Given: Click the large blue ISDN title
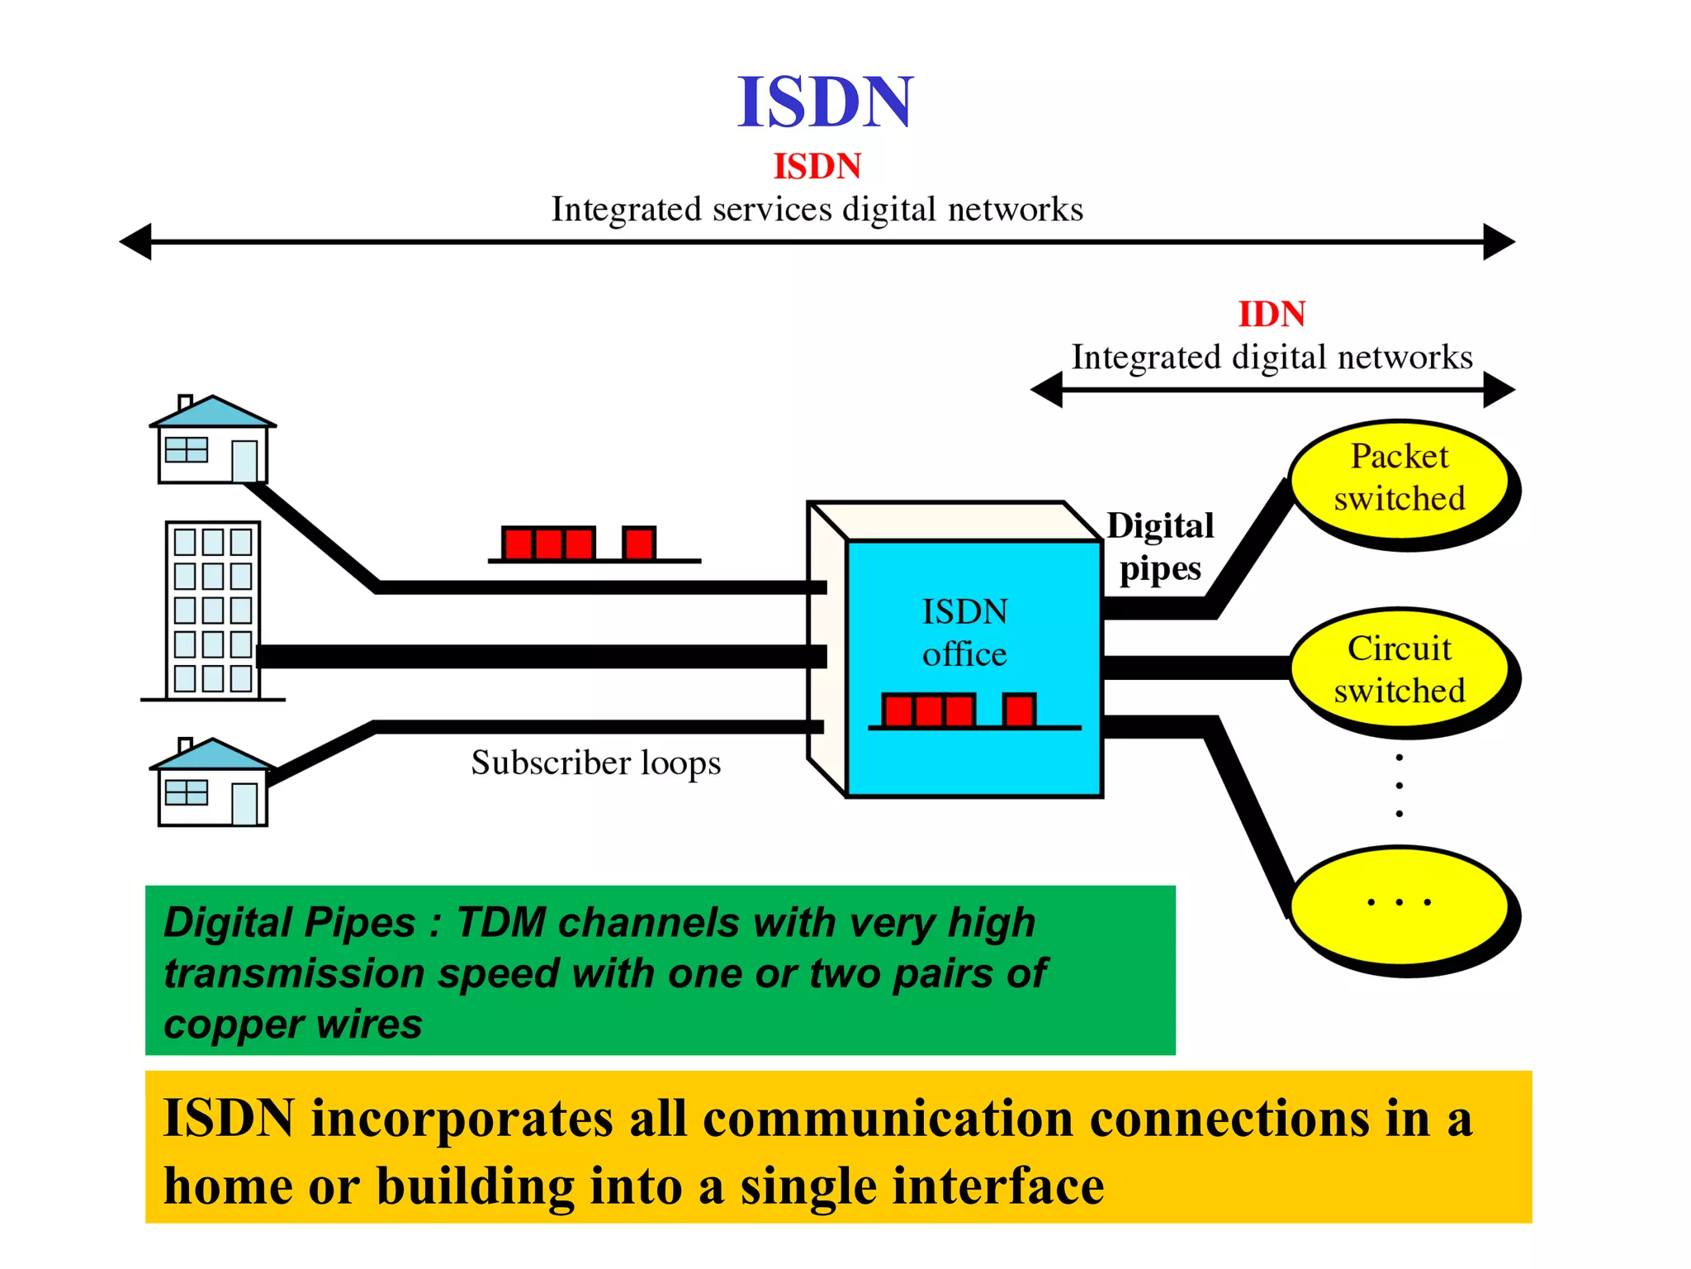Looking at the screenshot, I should coord(825,102).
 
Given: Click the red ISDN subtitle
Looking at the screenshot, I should coord(817,167).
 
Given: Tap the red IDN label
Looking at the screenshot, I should coord(1272,314).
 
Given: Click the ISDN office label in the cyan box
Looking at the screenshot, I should coord(964,633).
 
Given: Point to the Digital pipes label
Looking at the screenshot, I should coord(1160,547).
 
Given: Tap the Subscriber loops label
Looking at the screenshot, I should coord(595,763).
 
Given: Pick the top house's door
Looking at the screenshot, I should coord(244,461).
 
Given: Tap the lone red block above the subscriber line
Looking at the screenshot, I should coord(639,544).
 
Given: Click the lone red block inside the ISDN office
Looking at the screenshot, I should coord(1019,711).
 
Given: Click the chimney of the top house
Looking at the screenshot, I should coord(186,402).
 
